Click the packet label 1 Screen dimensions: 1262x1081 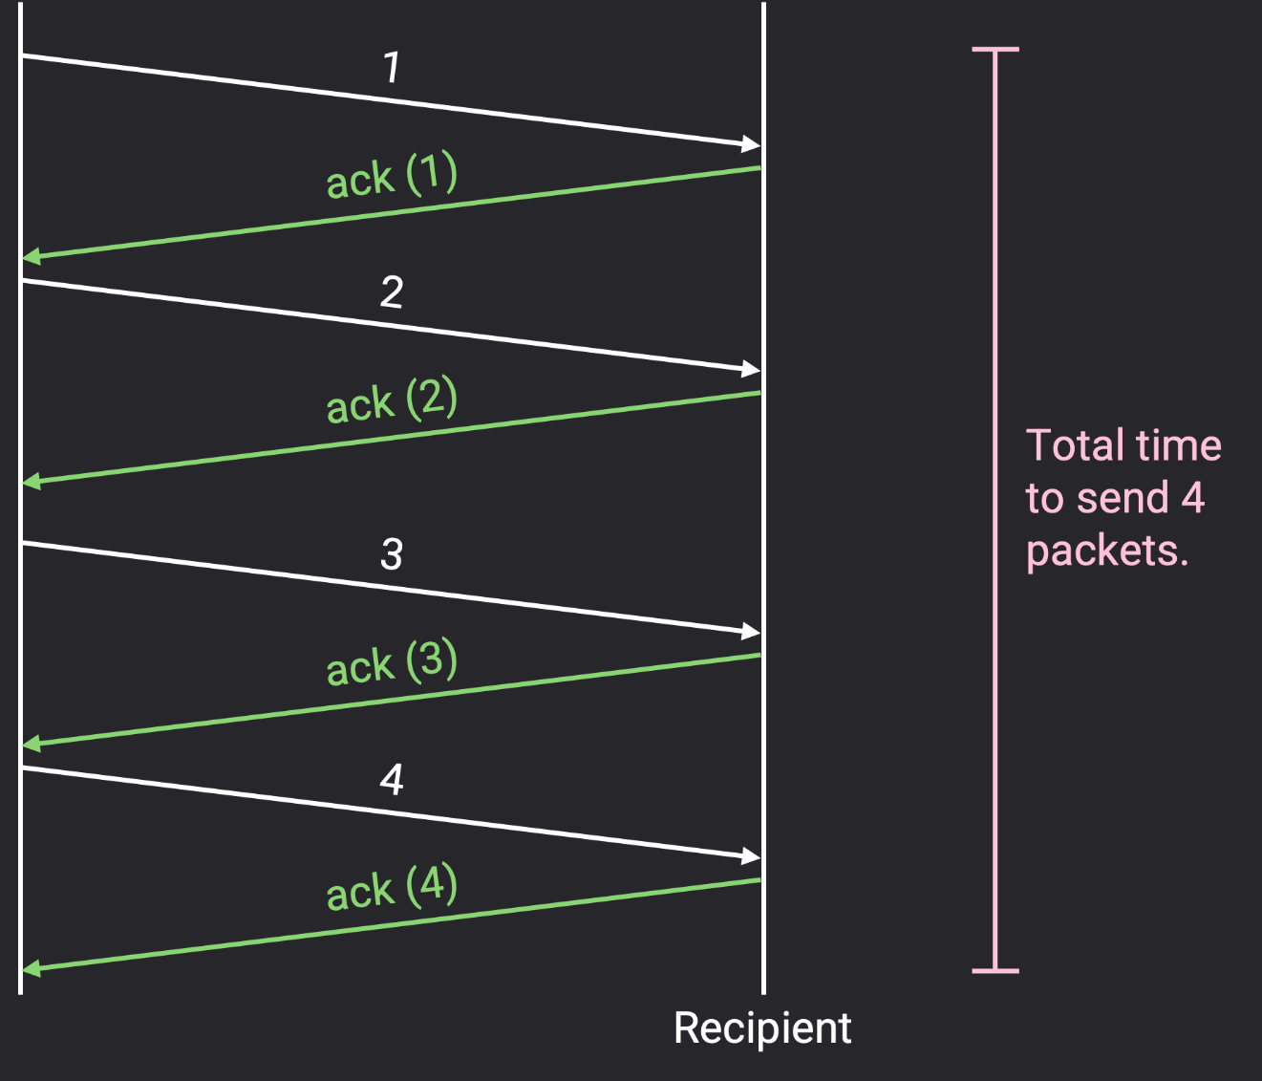coord(392,68)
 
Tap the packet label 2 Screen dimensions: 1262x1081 coord(392,292)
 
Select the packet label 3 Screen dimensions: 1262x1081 coord(392,554)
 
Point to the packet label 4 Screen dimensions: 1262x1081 coord(392,780)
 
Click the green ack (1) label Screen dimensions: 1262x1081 coord(392,176)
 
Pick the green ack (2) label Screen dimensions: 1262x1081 coord(392,401)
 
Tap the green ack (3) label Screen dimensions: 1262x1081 coord(392,663)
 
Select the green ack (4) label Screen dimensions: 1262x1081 coord(392,888)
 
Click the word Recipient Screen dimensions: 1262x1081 coord(761,1028)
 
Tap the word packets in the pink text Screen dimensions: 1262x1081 coord(1106,551)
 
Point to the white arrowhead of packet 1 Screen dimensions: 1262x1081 coord(751,144)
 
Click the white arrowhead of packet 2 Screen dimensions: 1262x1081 coord(751,369)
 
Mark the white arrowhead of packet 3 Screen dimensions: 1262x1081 coord(751,631)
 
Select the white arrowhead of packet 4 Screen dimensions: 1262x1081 coord(751,855)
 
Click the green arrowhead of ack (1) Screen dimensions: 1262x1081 coord(32,256)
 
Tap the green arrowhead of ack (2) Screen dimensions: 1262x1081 coord(32,481)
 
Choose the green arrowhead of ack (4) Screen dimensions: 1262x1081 coord(32,968)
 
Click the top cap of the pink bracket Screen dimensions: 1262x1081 coord(995,49)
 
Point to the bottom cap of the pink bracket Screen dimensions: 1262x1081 coord(995,971)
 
